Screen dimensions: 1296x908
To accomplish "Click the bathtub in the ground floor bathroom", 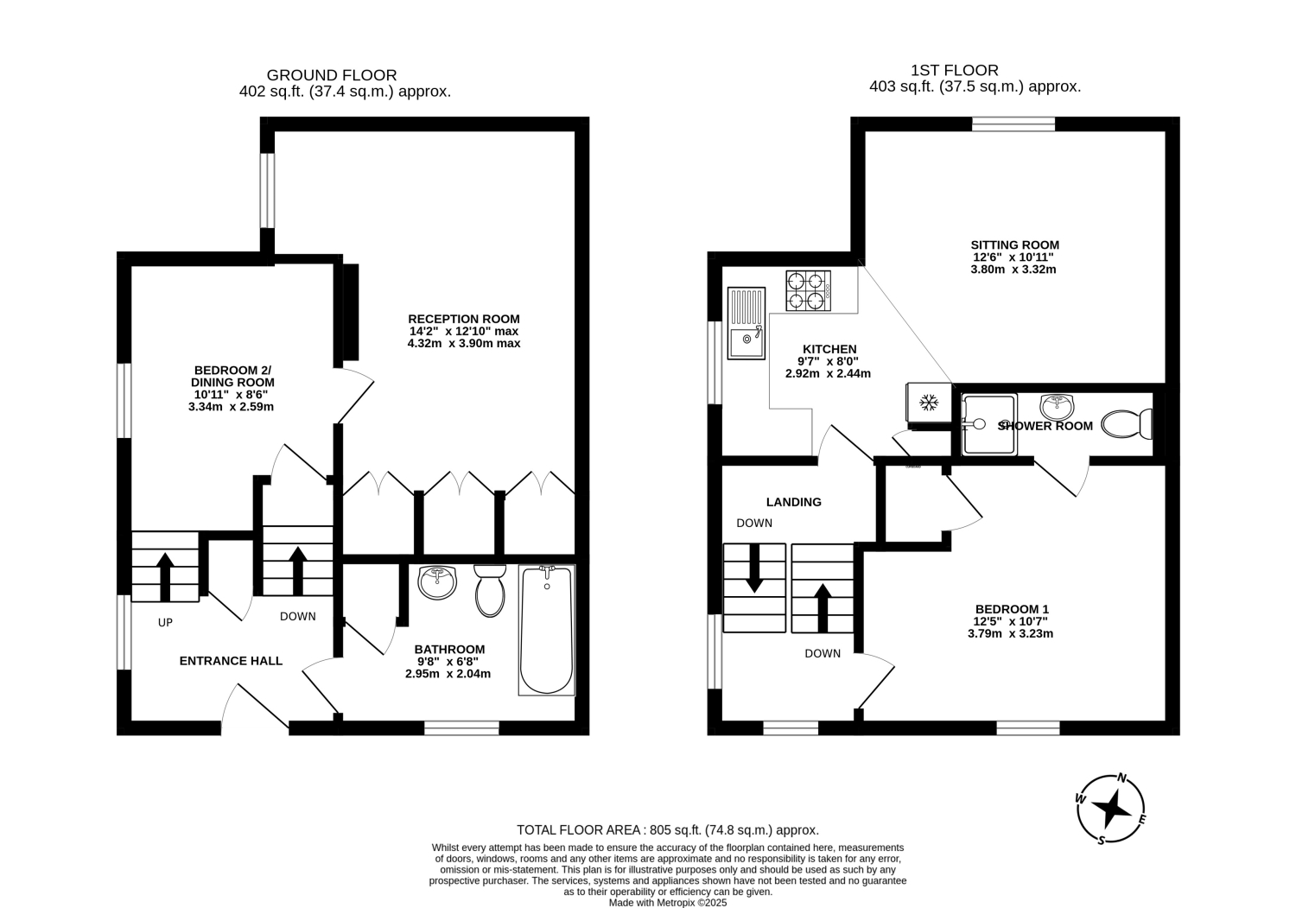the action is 547,630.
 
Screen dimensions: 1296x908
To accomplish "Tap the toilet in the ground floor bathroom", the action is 490,591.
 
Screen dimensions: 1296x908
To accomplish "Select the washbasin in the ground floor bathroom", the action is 437,583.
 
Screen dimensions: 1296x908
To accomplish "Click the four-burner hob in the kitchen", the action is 808,290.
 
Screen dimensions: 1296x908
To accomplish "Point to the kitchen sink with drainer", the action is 746,323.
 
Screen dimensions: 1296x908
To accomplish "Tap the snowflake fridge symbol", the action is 929,403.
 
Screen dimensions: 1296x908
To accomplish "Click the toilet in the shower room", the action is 1127,424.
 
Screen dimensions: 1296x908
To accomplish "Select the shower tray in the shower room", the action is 988,424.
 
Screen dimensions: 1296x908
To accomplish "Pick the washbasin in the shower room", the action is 1057,407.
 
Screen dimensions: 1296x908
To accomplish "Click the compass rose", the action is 1110,809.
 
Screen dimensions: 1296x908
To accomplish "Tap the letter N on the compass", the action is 1121,778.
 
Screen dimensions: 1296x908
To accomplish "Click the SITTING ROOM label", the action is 1015,244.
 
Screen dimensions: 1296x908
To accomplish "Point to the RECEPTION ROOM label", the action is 464,319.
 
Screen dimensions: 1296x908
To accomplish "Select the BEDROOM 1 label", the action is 1012,609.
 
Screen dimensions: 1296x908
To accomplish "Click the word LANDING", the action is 794,502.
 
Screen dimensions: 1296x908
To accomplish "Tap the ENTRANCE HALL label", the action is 231,661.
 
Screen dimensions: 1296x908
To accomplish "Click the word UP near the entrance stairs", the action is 166,623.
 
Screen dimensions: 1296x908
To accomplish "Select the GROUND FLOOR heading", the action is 332,75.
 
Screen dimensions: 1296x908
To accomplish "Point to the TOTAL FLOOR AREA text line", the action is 668,830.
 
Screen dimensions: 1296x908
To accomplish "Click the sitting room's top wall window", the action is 1013,124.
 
